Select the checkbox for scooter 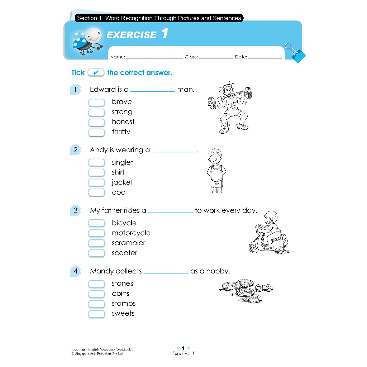(96, 253)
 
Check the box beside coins (96, 294)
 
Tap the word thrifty (121, 132)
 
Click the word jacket (122, 182)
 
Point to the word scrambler (128, 243)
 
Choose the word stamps (123, 304)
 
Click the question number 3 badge (75, 210)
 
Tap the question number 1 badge (75, 89)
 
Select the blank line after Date (265, 57)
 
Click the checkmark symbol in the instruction (96, 73)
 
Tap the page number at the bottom (183, 348)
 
